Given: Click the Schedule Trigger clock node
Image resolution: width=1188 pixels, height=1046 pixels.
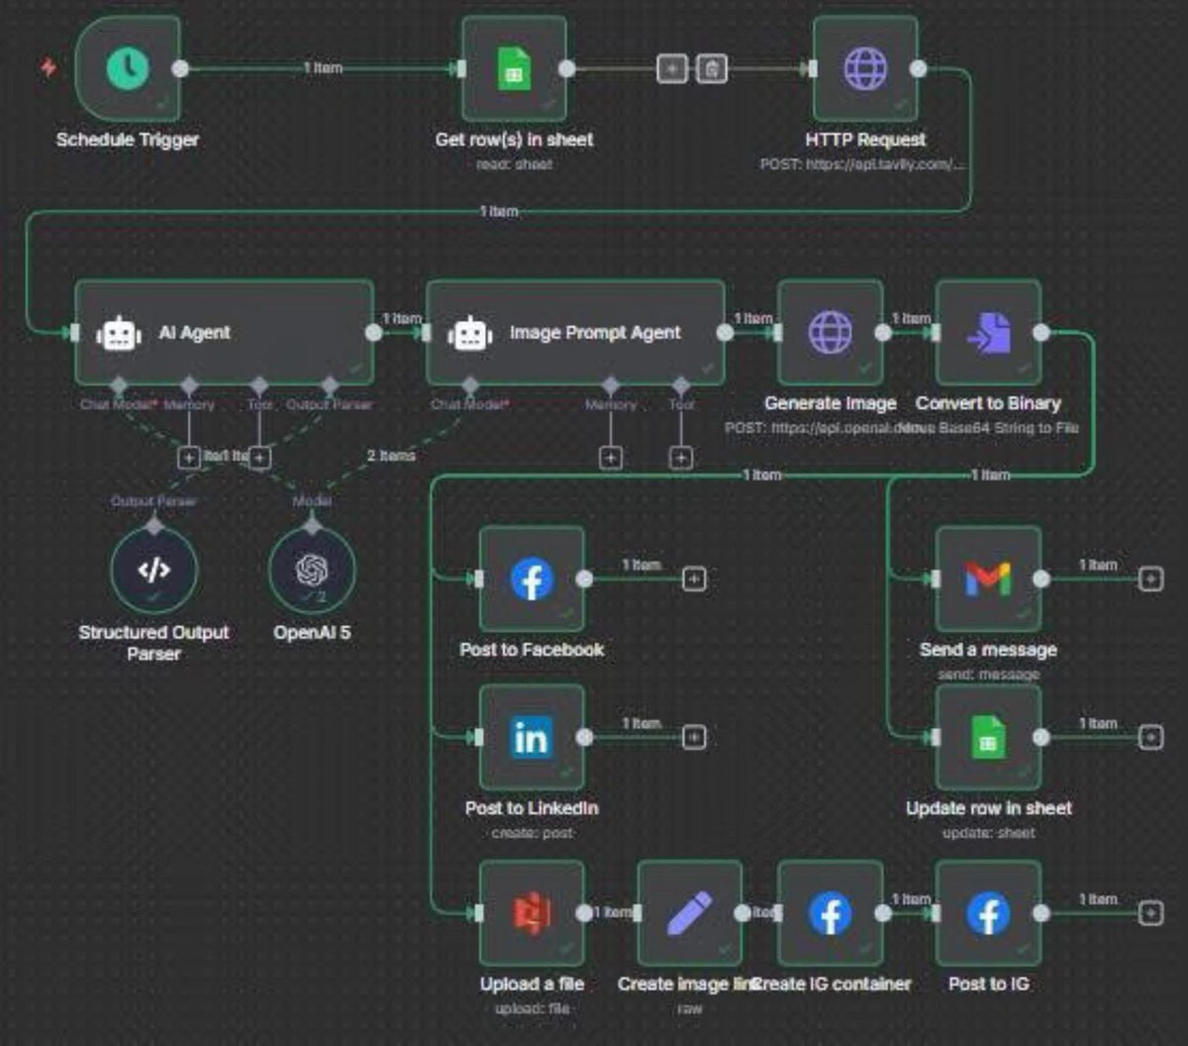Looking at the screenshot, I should (x=129, y=68).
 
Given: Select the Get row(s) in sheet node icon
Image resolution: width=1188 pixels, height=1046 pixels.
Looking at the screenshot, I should (x=514, y=68).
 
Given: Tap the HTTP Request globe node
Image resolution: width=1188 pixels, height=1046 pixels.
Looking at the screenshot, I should (x=864, y=68).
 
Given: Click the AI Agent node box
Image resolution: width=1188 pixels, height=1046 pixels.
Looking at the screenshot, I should (x=224, y=333).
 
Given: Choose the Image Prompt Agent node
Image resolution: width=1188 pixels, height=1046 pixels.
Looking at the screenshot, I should (x=575, y=333).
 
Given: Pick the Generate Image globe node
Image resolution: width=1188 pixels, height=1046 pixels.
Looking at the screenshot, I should (x=830, y=333).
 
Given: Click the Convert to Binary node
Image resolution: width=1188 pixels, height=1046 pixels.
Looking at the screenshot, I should (x=987, y=333).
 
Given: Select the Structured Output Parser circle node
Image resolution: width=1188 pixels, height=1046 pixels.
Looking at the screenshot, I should (x=153, y=571).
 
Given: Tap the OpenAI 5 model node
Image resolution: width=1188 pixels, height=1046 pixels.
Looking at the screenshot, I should (x=312, y=571).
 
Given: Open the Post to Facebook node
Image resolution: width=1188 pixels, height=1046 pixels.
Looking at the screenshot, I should (x=532, y=578).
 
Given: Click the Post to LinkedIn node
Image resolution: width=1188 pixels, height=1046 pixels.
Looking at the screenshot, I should (x=532, y=737).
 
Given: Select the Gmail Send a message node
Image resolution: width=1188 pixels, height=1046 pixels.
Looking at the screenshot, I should (x=987, y=578).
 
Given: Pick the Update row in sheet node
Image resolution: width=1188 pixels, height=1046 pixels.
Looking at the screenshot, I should (x=987, y=737).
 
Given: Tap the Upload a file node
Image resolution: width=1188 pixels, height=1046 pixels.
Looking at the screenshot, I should (x=532, y=913).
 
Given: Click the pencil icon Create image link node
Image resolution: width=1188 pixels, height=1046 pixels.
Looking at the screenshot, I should (x=689, y=913).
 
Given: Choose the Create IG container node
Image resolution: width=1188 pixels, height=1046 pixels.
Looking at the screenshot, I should (x=830, y=913).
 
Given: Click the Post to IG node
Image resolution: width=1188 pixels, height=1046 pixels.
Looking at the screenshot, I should (x=987, y=913).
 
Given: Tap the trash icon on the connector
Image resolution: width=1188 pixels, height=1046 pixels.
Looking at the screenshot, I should (x=711, y=68).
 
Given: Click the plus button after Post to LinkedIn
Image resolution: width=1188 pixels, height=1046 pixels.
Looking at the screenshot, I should (x=694, y=737).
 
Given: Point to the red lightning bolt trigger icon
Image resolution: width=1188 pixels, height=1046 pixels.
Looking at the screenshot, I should (x=48, y=67).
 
